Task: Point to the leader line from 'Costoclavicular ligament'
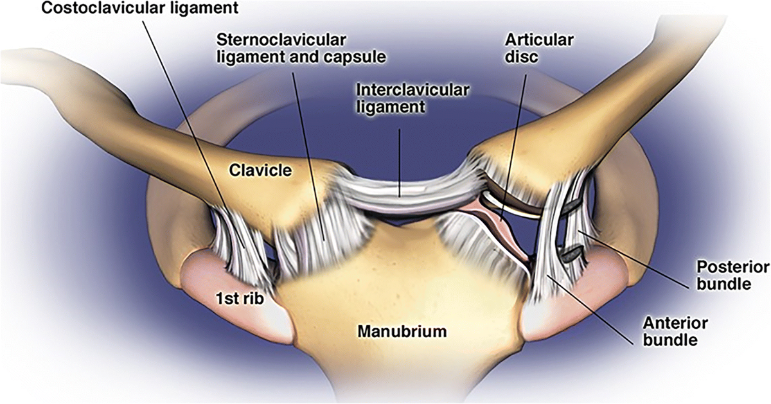click(x=193, y=128)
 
